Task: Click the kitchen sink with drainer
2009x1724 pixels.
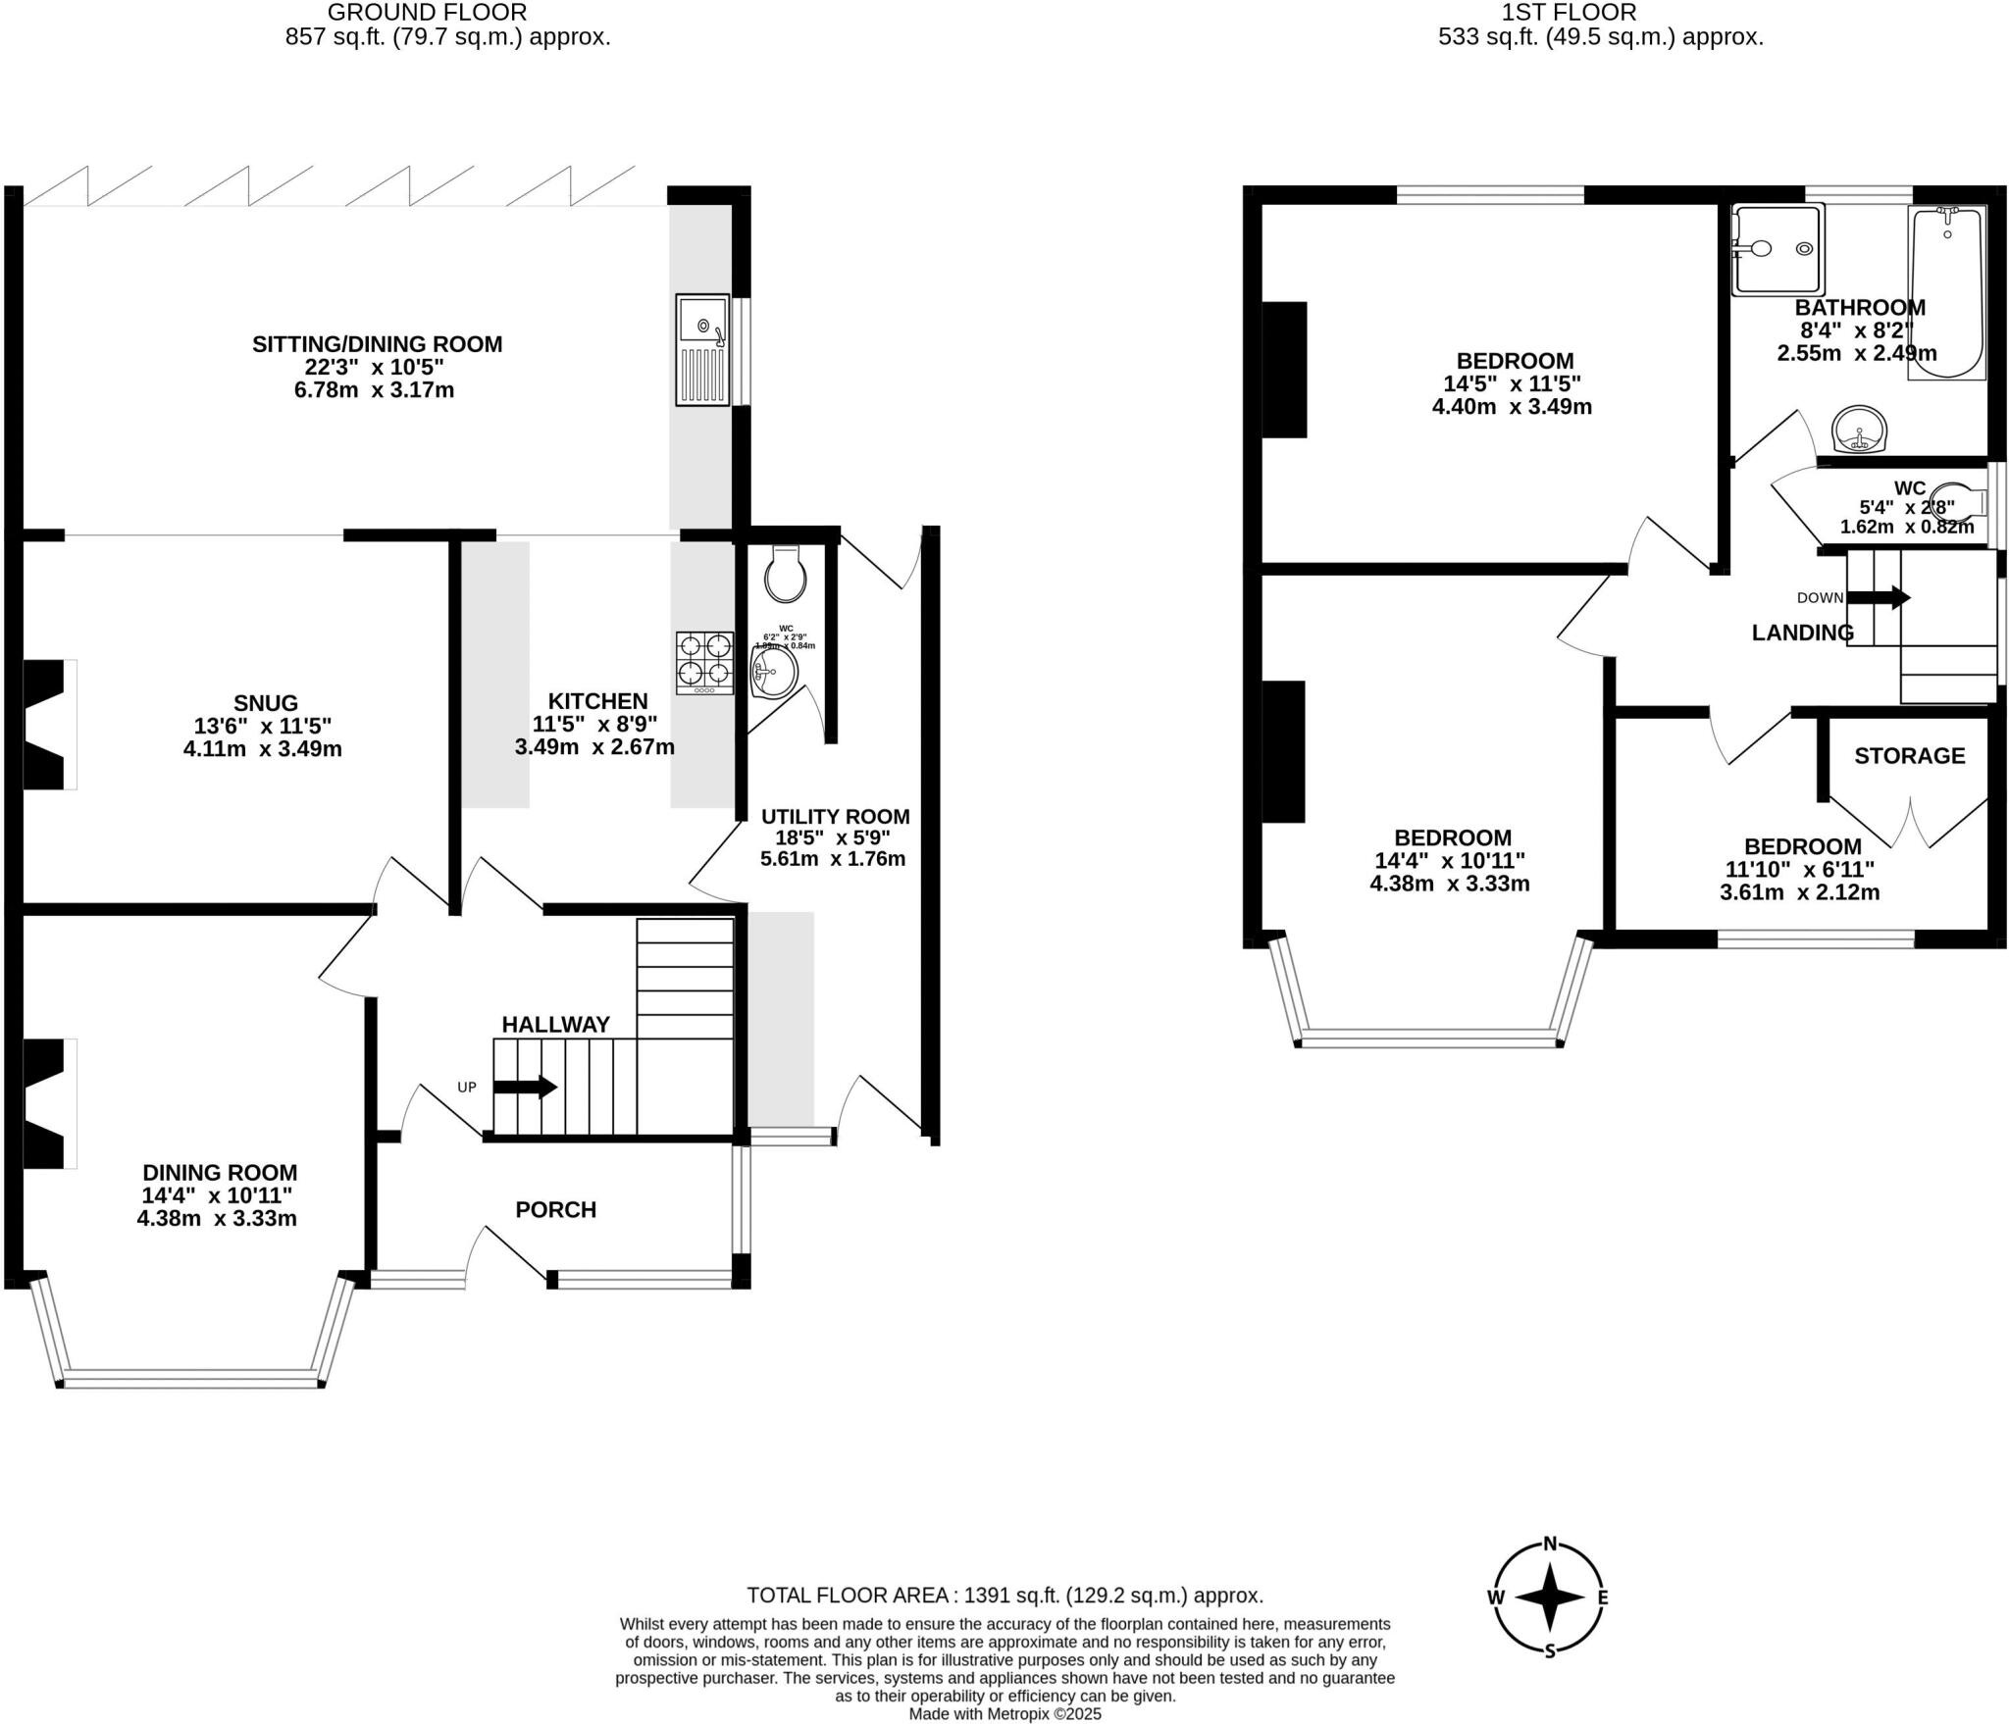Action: (702, 349)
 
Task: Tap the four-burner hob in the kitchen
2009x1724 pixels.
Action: (704, 662)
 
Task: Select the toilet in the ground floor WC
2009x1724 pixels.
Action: (786, 575)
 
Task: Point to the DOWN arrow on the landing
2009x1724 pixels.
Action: (1878, 597)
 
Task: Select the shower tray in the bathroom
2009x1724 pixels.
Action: (1777, 249)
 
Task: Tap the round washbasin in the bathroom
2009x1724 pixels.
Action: (1859, 430)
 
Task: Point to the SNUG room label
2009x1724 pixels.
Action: (266, 702)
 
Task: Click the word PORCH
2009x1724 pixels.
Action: (555, 1209)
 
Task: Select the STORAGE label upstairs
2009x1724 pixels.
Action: (1909, 755)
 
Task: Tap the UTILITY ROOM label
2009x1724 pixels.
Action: (835, 816)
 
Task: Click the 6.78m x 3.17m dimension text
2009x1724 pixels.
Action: (374, 390)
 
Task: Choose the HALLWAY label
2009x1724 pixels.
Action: (555, 1024)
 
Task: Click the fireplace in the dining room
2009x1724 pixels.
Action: (44, 1104)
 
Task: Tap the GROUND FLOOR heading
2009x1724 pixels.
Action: (427, 13)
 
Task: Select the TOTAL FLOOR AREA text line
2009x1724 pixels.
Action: (1004, 1595)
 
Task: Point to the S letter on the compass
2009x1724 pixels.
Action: (1550, 1650)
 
